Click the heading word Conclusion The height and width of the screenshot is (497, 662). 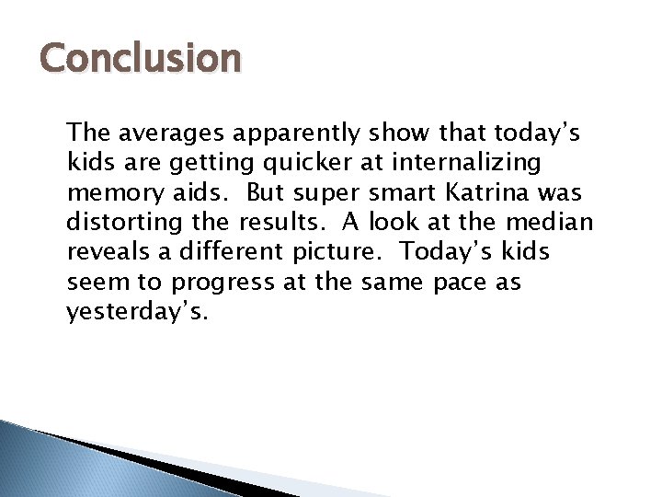coord(141,59)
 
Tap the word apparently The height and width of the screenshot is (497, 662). coord(296,133)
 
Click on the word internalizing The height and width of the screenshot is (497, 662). coord(465,163)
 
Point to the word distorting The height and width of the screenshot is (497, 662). coord(120,223)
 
